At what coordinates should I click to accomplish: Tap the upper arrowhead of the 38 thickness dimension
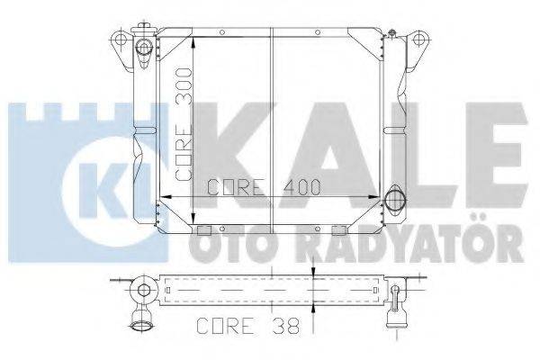coord(312,272)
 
